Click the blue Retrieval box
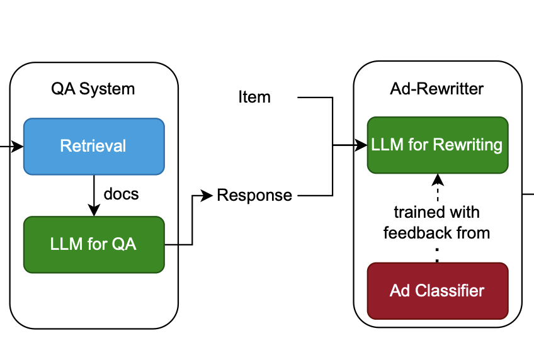pyautogui.click(x=94, y=146)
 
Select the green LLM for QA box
pyautogui.click(x=94, y=244)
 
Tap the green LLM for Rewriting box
pyautogui.click(x=438, y=145)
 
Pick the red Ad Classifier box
pyautogui.click(x=438, y=291)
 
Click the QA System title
pyautogui.click(x=93, y=89)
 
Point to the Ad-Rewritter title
pyautogui.click(x=436, y=89)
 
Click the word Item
pyautogui.click(x=254, y=97)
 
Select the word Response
pyautogui.click(x=254, y=195)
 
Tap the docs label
pyautogui.click(x=122, y=194)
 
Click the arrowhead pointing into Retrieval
pyautogui.click(x=18, y=147)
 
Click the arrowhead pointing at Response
pyautogui.click(x=207, y=195)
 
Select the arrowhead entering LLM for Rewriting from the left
pyautogui.click(x=361, y=145)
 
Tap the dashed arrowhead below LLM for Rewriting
pyautogui.click(x=438, y=179)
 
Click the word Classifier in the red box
pyautogui.click(x=450, y=291)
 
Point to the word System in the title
pyautogui.click(x=107, y=89)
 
